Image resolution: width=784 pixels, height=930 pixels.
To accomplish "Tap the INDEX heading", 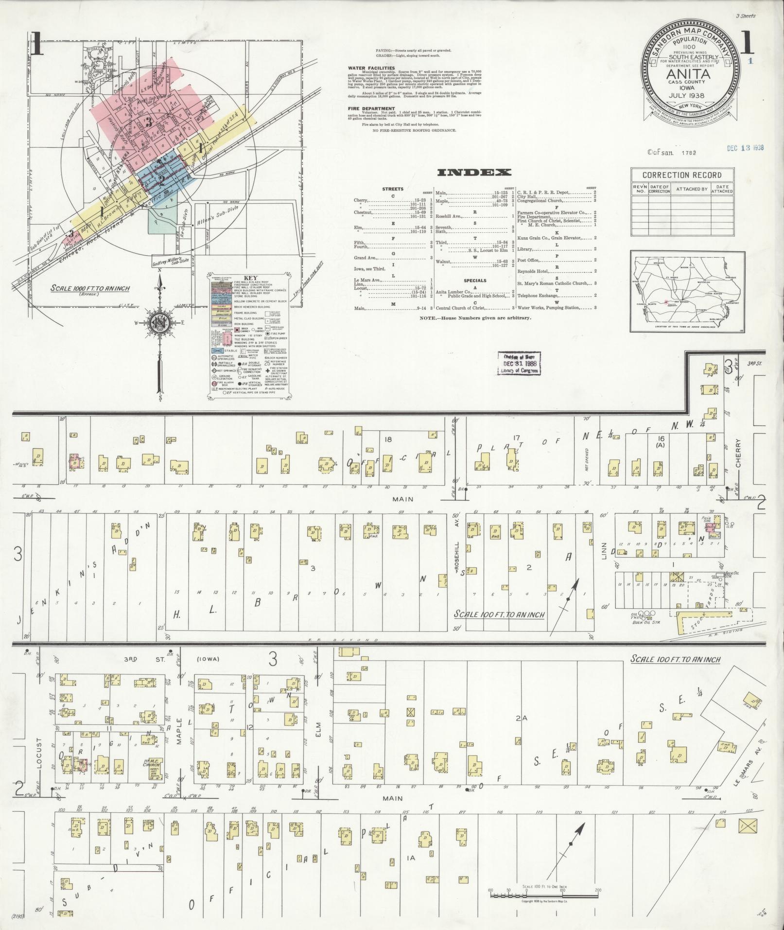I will [474, 172].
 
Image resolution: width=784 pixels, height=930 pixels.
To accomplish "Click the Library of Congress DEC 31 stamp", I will [519, 363].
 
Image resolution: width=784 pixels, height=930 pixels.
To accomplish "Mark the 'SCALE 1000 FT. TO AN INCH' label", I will [90, 288].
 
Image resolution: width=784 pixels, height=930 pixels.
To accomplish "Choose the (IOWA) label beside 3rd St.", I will [209, 660].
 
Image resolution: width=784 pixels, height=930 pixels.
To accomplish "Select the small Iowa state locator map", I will [688, 292].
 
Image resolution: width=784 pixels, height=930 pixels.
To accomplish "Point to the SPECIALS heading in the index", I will [475, 281].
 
